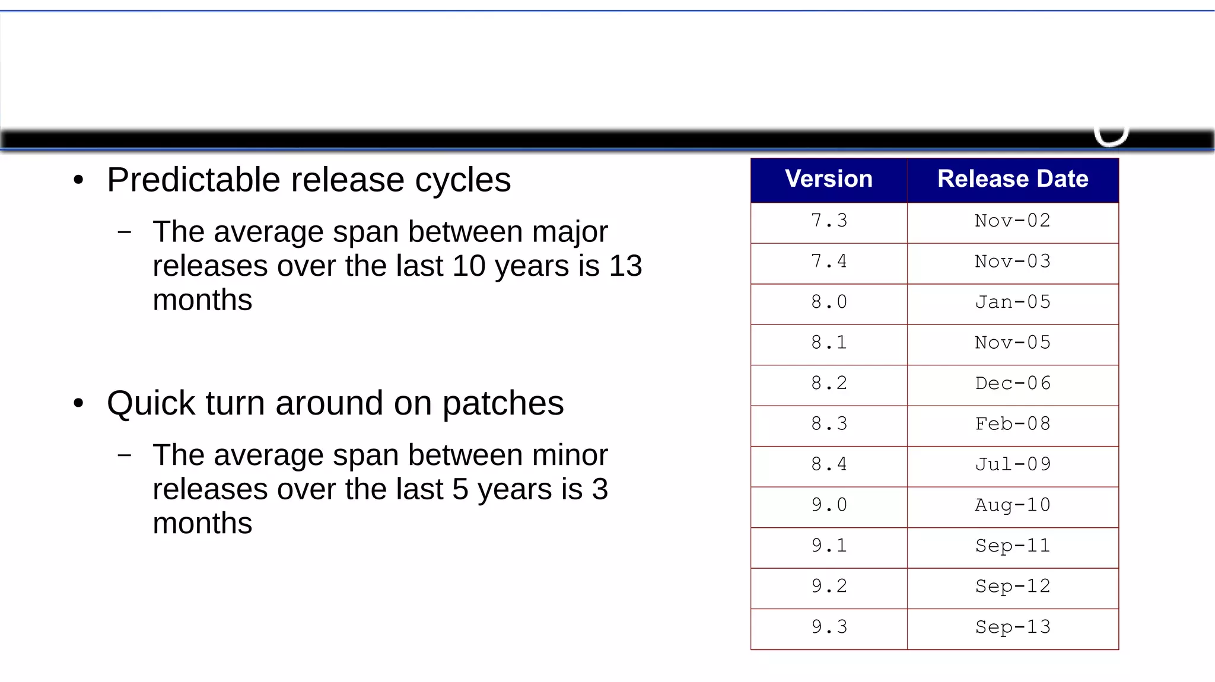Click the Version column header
[828, 179]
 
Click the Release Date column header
[1012, 179]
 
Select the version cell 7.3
[829, 221]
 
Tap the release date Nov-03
[1012, 262]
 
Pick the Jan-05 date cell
[1012, 302]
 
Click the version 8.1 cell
[829, 343]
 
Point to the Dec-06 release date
[1012, 383]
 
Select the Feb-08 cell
[1012, 424]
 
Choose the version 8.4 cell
[829, 464]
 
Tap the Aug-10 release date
[1012, 505]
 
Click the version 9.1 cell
[829, 546]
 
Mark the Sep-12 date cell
[1012, 587]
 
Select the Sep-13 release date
[1012, 627]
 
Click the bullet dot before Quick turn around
[79, 404]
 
